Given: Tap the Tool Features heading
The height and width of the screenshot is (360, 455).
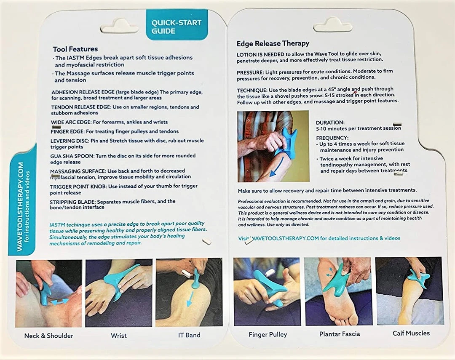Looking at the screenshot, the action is tap(75, 49).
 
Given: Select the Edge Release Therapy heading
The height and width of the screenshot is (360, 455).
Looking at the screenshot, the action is tap(273, 43).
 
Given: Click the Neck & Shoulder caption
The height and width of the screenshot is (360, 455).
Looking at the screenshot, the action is tap(49, 336).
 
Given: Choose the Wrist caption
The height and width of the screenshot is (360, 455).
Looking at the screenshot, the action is tap(119, 336).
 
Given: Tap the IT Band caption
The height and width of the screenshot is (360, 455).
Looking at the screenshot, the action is tap(189, 335).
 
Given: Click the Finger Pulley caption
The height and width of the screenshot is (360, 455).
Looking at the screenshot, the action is tap(268, 334).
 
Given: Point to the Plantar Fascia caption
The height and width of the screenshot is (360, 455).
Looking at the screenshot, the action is tap(340, 334).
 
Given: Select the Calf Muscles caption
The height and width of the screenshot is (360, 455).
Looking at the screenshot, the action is tap(411, 333).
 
